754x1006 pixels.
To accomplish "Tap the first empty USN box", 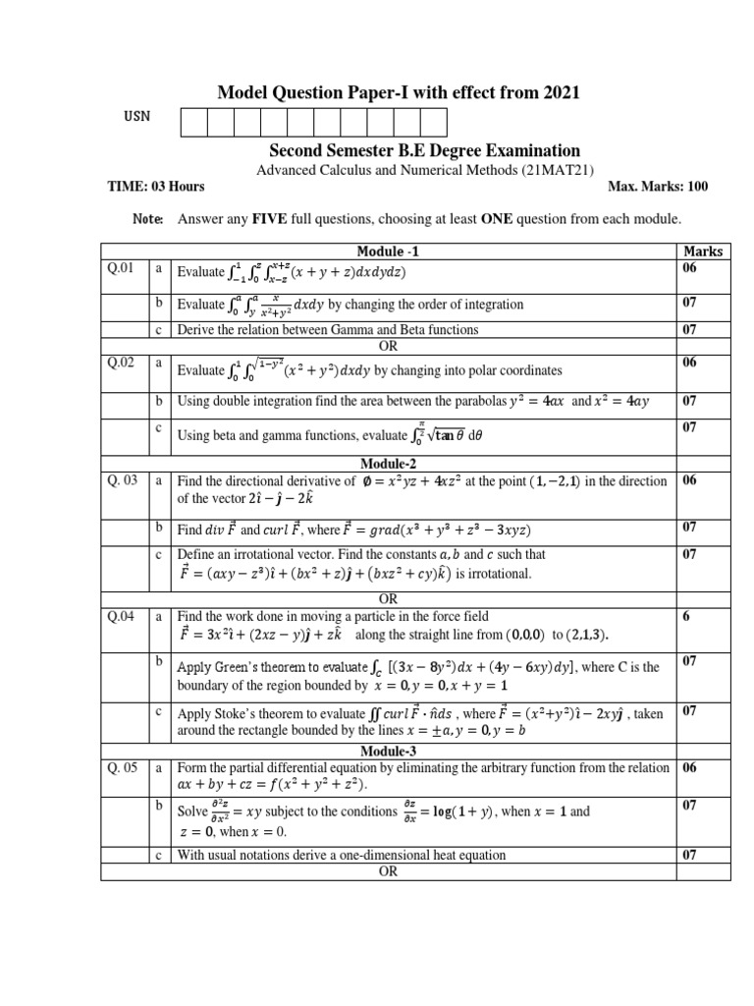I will (193, 122).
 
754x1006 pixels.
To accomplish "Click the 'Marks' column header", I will (702, 251).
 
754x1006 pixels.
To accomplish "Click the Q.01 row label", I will (121, 267).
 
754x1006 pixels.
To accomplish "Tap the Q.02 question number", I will (121, 363).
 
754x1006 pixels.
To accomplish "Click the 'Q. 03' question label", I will (124, 480).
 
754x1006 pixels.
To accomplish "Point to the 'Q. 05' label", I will (124, 767).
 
